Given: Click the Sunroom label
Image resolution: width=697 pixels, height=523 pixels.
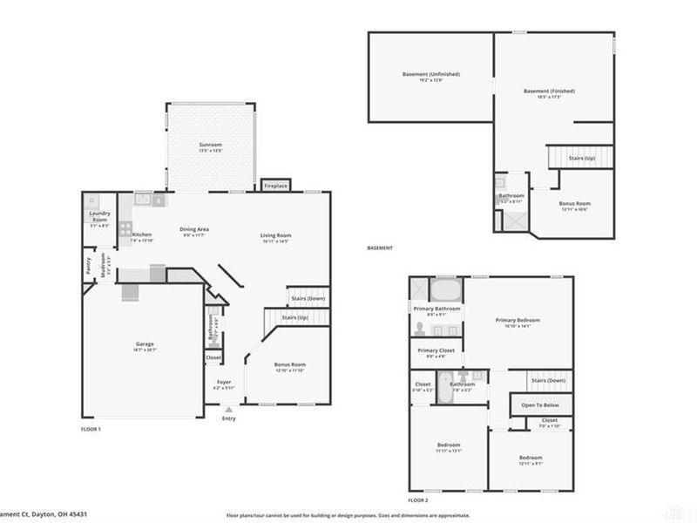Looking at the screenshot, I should pyautogui.click(x=210, y=144).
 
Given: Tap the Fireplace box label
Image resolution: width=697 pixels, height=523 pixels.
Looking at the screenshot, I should pyautogui.click(x=276, y=186).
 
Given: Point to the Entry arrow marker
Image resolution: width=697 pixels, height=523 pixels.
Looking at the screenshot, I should pyautogui.click(x=228, y=409).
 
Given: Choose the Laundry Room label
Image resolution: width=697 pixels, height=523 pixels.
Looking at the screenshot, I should pyautogui.click(x=99, y=220).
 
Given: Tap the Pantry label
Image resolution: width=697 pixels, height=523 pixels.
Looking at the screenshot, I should pyautogui.click(x=88, y=266).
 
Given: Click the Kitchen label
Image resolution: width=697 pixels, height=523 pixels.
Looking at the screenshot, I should pyautogui.click(x=142, y=234).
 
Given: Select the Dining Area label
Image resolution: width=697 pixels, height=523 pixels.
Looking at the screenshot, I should pyautogui.click(x=194, y=230).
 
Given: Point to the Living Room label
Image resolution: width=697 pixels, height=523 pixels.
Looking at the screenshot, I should pyautogui.click(x=275, y=234).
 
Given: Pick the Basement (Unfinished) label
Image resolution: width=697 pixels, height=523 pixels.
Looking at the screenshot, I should pyautogui.click(x=431, y=74).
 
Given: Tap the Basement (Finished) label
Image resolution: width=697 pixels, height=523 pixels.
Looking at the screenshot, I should pyautogui.click(x=549, y=91).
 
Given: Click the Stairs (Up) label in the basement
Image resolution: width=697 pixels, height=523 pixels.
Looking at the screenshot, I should pyautogui.click(x=582, y=158).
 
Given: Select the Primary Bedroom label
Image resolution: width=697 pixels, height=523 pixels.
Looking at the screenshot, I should pyautogui.click(x=518, y=320).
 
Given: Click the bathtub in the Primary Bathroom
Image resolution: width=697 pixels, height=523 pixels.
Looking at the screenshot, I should pyautogui.click(x=447, y=289).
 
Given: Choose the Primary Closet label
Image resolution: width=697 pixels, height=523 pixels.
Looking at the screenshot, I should pyautogui.click(x=436, y=350).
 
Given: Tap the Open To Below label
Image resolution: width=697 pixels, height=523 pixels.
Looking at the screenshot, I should pyautogui.click(x=540, y=405).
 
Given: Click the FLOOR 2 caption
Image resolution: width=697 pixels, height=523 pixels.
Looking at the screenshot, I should pyautogui.click(x=418, y=500).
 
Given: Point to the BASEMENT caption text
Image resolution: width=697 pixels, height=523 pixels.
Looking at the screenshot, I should pyautogui.click(x=380, y=248).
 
